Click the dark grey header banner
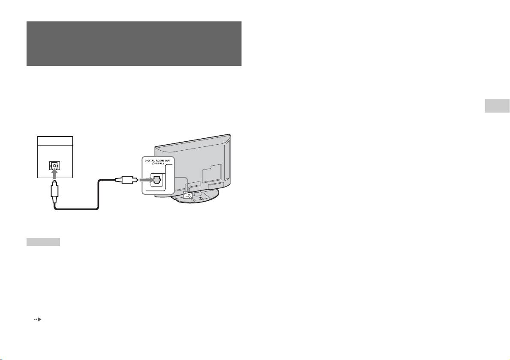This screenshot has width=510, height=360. pos(134,43)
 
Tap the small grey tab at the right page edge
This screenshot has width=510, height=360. pos(497,106)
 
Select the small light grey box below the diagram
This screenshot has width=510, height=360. pos(43,242)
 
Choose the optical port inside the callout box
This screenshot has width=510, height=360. pos(156,180)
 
